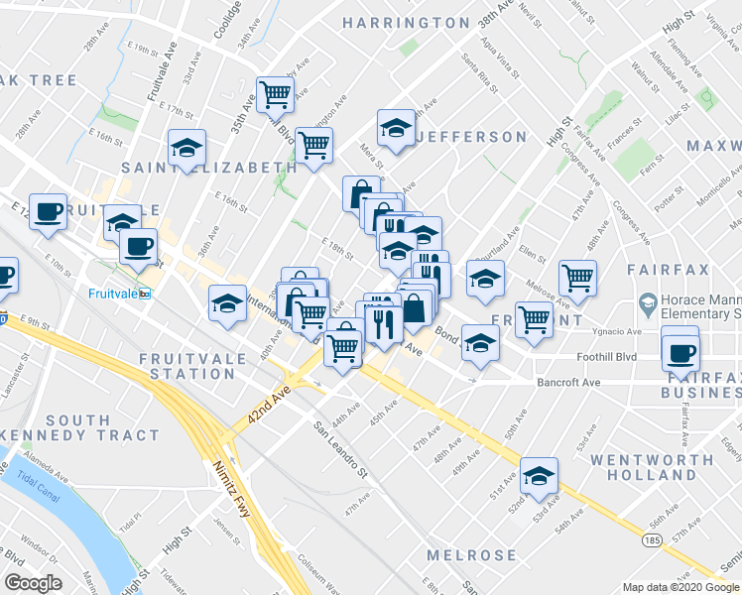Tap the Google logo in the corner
[x=33, y=584]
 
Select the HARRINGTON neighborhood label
[x=406, y=22]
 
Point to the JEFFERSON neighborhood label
[x=471, y=136]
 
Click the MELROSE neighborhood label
[x=471, y=554]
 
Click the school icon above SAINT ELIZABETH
[x=186, y=149]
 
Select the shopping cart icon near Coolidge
[x=276, y=96]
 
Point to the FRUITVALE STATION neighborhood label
[x=192, y=365]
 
